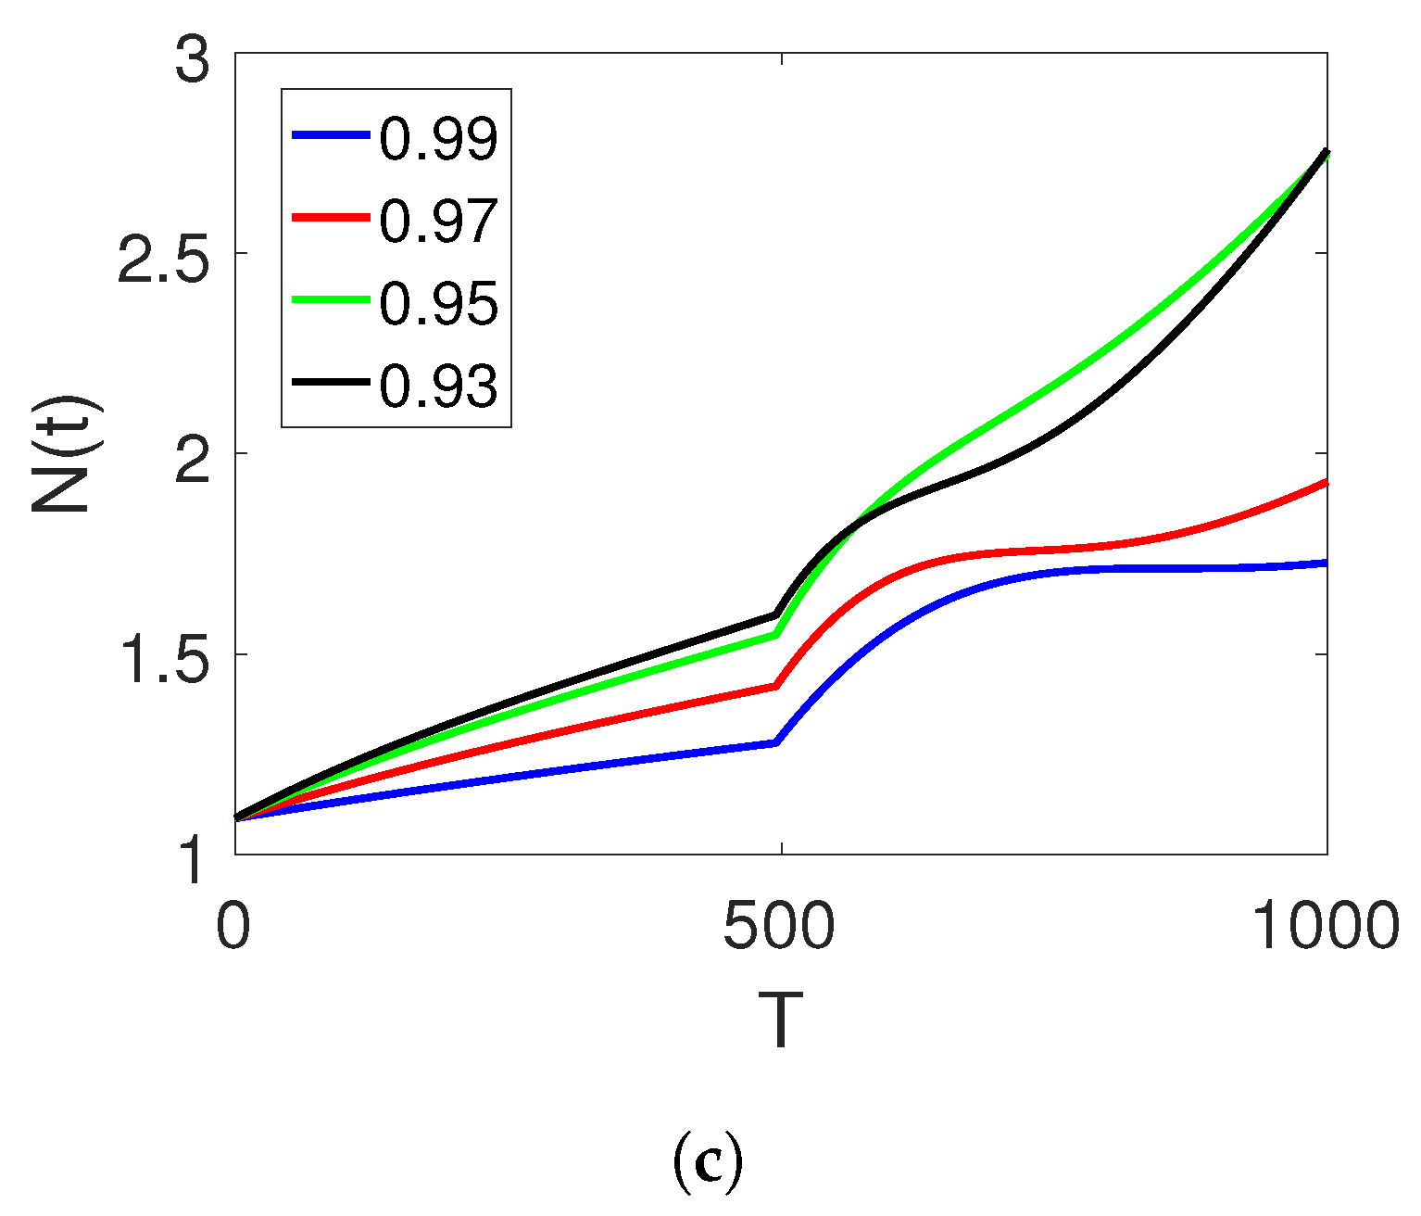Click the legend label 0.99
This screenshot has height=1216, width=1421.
tap(438, 138)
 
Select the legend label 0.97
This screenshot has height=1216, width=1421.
tap(438, 221)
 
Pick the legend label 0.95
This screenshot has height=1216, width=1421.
tap(438, 302)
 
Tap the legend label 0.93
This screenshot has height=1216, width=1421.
tap(438, 385)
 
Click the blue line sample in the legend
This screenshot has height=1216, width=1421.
tap(332, 135)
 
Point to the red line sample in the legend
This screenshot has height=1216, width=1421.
tap(332, 218)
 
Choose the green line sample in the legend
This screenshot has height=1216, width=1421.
tap(332, 299)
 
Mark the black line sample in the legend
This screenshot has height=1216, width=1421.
tap(332, 382)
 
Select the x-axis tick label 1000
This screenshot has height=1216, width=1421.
tap(1326, 926)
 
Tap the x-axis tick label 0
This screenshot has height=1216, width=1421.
tap(233, 926)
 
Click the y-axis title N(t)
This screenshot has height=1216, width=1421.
tap(67, 454)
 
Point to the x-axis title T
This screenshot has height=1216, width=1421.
tap(780, 1020)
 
